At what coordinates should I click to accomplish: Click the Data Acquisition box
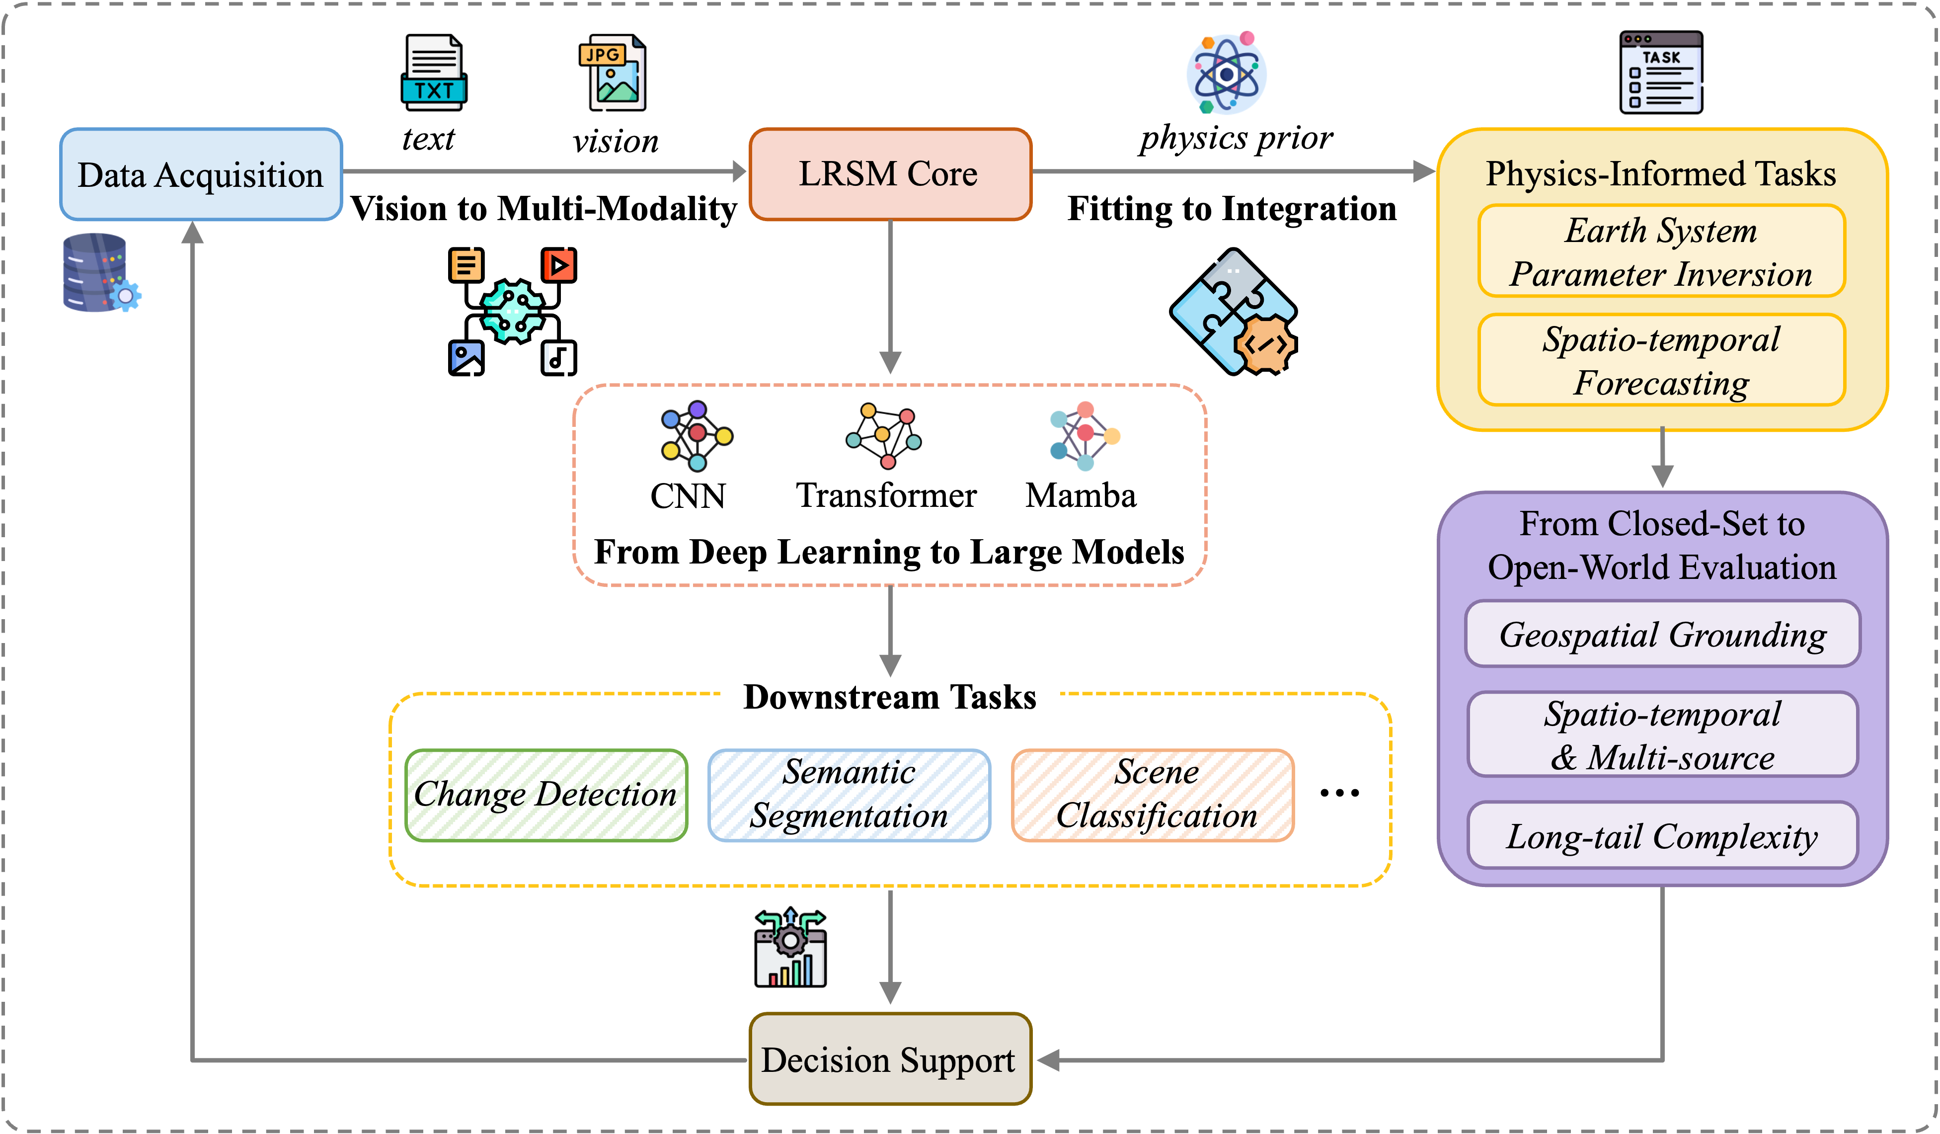pyautogui.click(x=201, y=175)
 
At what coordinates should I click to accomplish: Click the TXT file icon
pyautogui.click(x=433, y=73)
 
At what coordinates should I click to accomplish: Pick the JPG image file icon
pyautogui.click(x=612, y=73)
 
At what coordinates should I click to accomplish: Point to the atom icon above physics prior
pyautogui.click(x=1227, y=73)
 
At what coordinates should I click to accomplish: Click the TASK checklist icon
pyautogui.click(x=1661, y=73)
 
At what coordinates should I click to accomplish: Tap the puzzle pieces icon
pyautogui.click(x=1233, y=312)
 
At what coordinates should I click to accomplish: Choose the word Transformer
pyautogui.click(x=886, y=495)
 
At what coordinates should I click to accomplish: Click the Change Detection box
pyautogui.click(x=546, y=795)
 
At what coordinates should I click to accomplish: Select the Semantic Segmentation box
pyautogui.click(x=849, y=795)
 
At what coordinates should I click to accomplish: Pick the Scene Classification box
pyautogui.click(x=1153, y=795)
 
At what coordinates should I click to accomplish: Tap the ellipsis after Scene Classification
pyautogui.click(x=1339, y=793)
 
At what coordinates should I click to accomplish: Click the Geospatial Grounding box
pyautogui.click(x=1663, y=634)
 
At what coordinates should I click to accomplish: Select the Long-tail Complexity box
pyautogui.click(x=1663, y=835)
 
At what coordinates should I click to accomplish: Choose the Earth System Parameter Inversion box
pyautogui.click(x=1661, y=251)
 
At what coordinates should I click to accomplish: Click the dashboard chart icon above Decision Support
pyautogui.click(x=790, y=948)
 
